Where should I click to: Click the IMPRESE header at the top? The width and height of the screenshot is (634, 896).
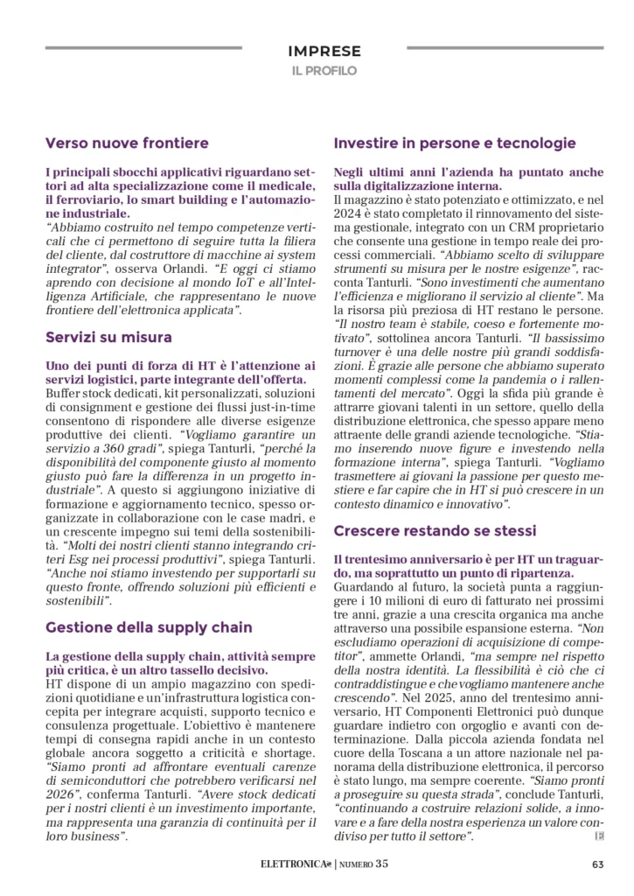click(x=324, y=52)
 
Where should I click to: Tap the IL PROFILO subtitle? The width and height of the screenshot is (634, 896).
click(x=324, y=71)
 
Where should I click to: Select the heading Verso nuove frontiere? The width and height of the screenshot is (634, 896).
click(x=127, y=143)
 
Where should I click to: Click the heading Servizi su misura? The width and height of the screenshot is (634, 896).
click(x=108, y=337)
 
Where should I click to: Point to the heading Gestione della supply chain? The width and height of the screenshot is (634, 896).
click(x=149, y=626)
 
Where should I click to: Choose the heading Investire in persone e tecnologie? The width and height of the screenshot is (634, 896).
click(x=455, y=143)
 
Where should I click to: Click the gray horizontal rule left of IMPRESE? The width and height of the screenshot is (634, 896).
click(x=143, y=47)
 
